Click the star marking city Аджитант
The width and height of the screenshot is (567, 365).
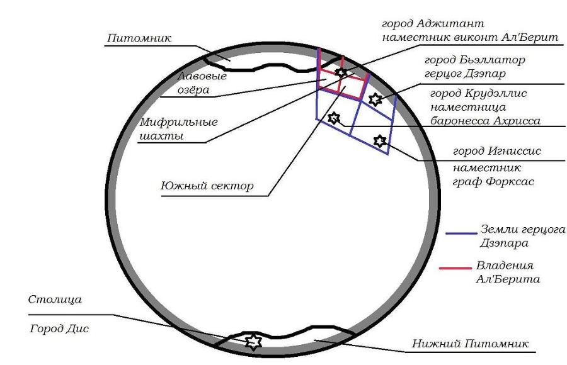tap(341, 73)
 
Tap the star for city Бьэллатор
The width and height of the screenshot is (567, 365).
tap(375, 99)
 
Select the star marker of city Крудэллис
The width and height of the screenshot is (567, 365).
tap(334, 117)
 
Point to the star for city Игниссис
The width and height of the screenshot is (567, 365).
tap(379, 141)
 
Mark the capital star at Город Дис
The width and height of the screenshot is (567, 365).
tap(253, 341)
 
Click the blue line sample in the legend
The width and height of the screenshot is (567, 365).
tap(461, 233)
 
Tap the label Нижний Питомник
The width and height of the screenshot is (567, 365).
tap(470, 344)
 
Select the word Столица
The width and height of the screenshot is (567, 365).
tap(55, 300)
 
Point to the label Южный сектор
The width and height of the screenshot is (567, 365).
tap(207, 186)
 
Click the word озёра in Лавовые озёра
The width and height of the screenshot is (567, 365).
tap(192, 90)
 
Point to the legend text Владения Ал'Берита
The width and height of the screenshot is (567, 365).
tap(507, 271)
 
